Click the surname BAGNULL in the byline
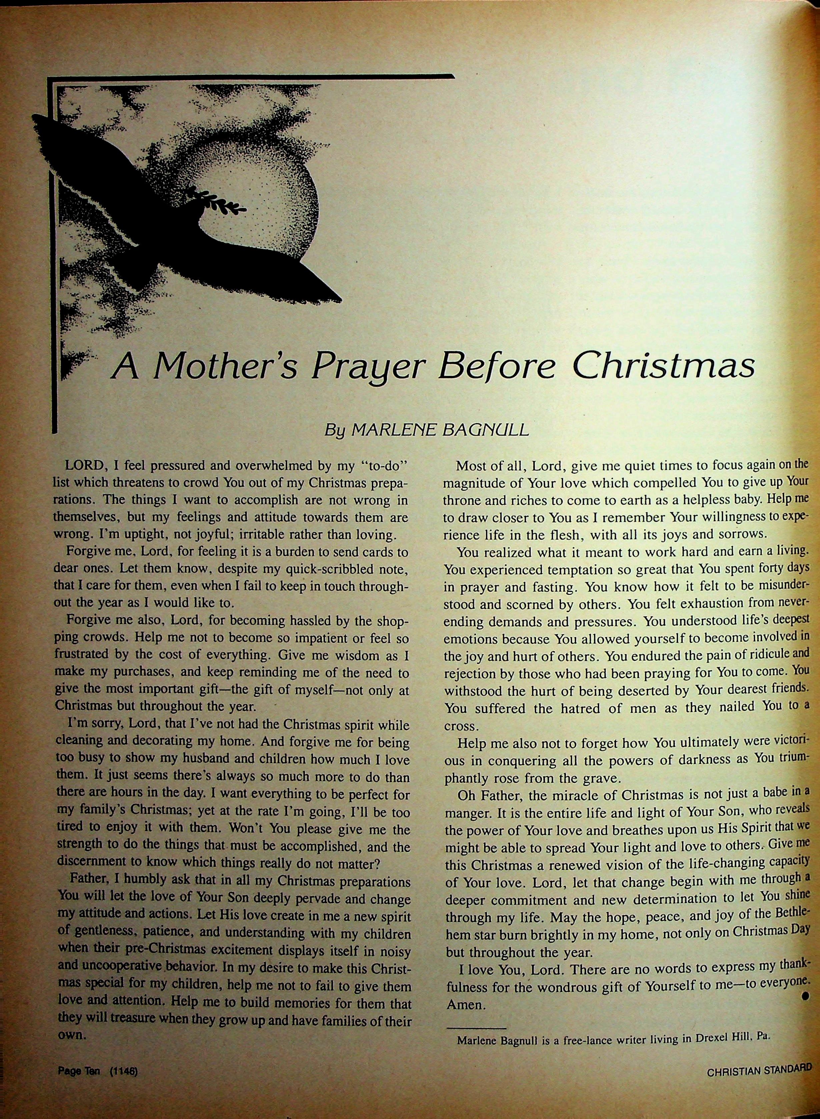(x=485, y=430)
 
